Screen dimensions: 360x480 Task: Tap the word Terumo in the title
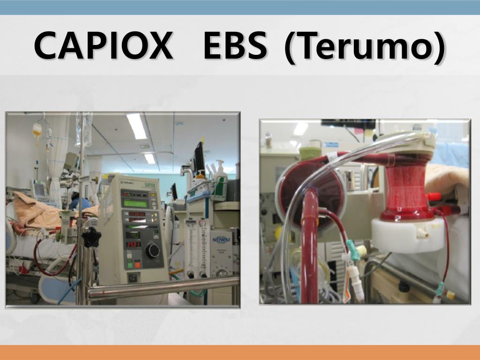point(365,46)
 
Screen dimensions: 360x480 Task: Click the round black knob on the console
point(152,251)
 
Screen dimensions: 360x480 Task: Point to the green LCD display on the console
point(135,203)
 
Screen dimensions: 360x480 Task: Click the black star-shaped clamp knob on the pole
point(91,237)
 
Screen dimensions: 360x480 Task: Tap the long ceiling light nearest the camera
point(136,126)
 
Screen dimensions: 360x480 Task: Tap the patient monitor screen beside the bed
point(40,189)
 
